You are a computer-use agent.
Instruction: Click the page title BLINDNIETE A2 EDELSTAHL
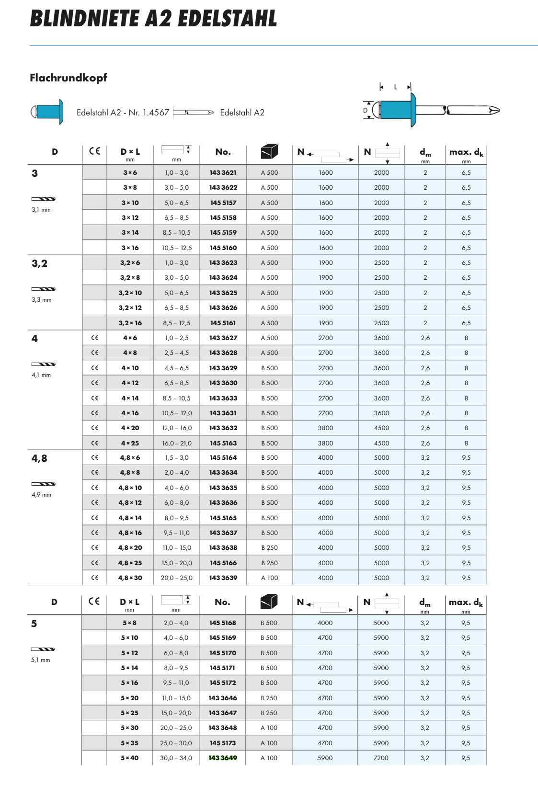[153, 19]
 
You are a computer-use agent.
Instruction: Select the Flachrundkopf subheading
[69, 78]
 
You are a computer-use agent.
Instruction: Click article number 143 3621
[223, 172]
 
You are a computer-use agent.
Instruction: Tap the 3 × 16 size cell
[130, 248]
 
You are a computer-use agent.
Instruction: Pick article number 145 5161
[223, 323]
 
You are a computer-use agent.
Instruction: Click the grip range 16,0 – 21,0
[177, 443]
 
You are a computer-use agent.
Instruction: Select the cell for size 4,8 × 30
[130, 578]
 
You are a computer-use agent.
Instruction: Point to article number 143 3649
[222, 758]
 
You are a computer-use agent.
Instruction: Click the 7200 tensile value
[381, 758]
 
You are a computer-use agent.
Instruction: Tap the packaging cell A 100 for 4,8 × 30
[269, 578]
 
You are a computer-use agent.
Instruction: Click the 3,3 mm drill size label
[42, 300]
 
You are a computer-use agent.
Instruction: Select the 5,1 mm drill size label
[41, 660]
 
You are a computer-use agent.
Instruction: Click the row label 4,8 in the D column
[39, 458]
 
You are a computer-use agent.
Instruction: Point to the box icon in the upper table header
[269, 151]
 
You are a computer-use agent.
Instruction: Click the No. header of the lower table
[222, 602]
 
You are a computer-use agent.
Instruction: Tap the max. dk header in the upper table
[466, 152]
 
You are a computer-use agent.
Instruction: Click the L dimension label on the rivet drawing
[395, 87]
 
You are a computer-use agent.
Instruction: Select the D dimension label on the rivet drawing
[366, 110]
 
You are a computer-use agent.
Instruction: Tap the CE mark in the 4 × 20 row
[94, 428]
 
